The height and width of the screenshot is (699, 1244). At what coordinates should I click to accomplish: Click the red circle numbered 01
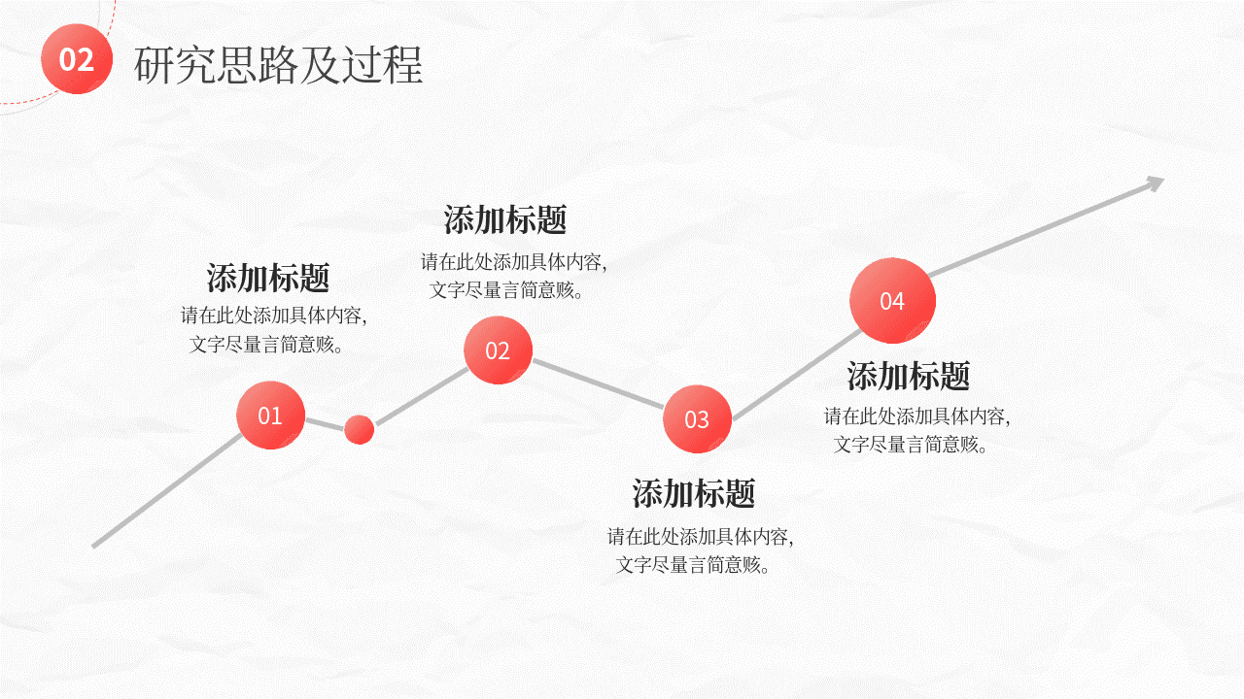[270, 415]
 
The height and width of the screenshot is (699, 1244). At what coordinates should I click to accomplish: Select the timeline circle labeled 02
[499, 350]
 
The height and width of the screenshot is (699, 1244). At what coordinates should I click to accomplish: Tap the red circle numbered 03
[697, 418]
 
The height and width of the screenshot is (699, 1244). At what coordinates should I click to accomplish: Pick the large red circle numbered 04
[892, 301]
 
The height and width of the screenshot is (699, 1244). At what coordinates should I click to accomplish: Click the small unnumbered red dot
[360, 429]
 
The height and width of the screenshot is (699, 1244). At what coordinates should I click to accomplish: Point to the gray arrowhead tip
[1163, 178]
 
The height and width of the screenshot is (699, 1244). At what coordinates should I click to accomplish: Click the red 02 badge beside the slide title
[77, 59]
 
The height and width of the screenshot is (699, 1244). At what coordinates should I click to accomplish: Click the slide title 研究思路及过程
[278, 65]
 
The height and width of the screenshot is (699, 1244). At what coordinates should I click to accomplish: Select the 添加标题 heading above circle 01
[268, 278]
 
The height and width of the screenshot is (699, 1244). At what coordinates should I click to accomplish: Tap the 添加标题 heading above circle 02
[504, 219]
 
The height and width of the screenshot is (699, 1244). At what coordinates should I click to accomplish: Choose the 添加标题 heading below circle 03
[694, 493]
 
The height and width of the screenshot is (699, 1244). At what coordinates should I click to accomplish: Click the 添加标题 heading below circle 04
[908, 376]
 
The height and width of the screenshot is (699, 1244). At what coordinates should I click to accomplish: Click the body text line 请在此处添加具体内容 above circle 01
[270, 316]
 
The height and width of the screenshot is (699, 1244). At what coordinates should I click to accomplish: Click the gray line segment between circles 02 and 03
[598, 383]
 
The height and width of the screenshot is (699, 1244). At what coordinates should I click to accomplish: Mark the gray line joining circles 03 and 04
[797, 375]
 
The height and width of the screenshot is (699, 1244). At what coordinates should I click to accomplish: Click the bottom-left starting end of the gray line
[93, 547]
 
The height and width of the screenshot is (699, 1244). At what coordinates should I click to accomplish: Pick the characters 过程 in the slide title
[382, 65]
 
